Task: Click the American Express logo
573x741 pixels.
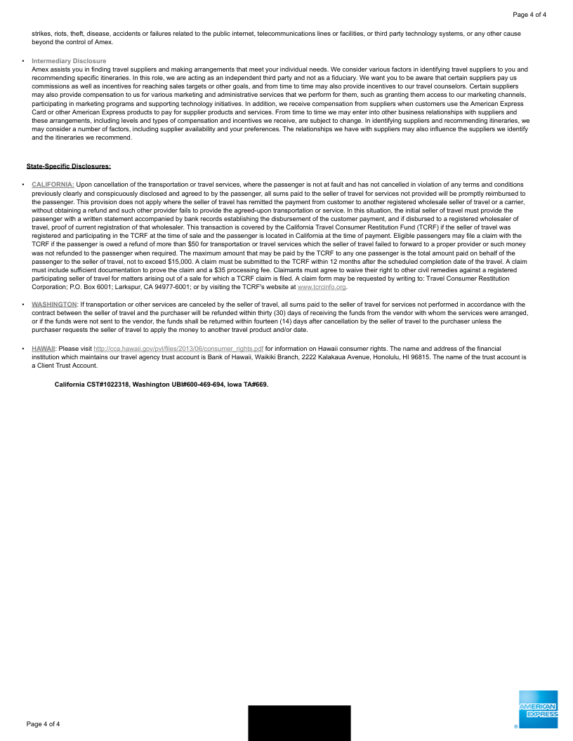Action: pyautogui.click(x=539, y=709)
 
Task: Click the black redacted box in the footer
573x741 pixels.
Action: pyautogui.click(x=299, y=723)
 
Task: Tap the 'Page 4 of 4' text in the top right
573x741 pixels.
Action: pyautogui.click(x=529, y=15)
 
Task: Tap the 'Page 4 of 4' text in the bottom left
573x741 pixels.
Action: pyautogui.click(x=44, y=723)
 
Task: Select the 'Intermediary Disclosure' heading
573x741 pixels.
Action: pyautogui.click(x=69, y=61)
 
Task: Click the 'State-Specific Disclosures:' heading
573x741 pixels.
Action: pyautogui.click(x=69, y=166)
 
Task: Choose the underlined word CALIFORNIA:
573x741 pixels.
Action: pyautogui.click(x=53, y=185)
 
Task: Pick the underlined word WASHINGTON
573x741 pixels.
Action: pyautogui.click(x=54, y=305)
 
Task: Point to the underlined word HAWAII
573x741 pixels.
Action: pyautogui.click(x=44, y=348)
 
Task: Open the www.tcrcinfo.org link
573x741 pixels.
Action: pyautogui.click(x=322, y=287)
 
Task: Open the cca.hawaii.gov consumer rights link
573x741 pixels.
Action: pyautogui.click(x=178, y=348)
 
